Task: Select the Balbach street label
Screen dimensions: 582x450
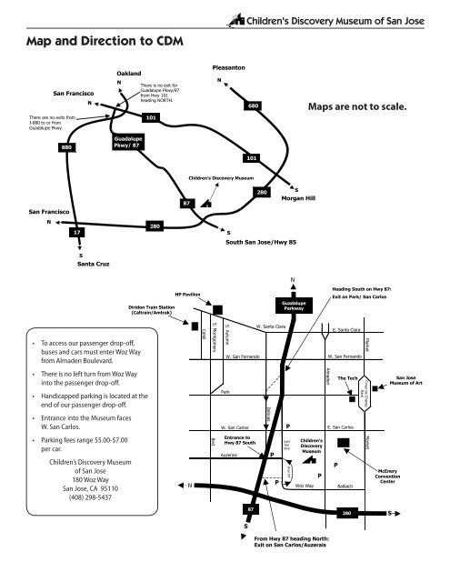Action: point(345,487)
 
